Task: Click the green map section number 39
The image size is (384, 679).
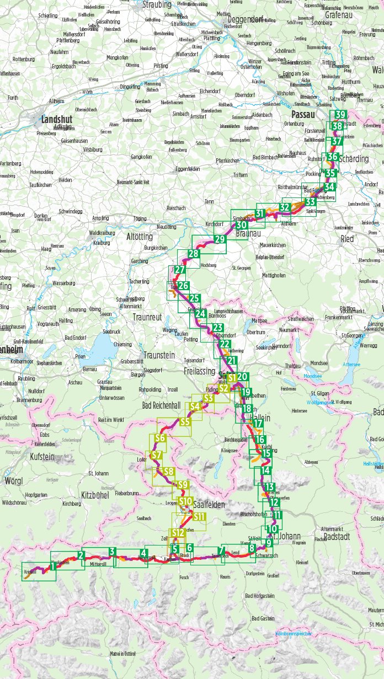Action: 341,115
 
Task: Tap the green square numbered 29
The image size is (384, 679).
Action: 220,240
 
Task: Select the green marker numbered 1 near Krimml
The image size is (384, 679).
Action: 51,566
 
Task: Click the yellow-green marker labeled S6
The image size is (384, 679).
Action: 160,438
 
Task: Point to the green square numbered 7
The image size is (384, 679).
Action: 222,550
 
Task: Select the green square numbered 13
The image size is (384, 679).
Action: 270,487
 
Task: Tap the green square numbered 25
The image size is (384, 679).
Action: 194,298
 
